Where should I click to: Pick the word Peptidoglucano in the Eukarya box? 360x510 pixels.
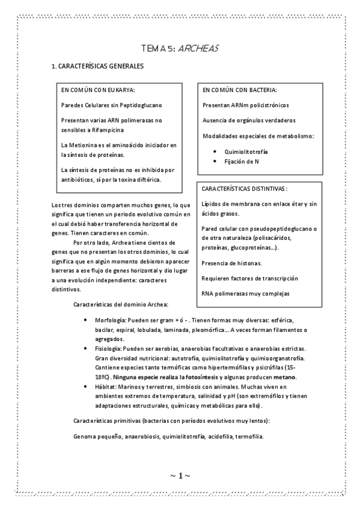click(141, 105)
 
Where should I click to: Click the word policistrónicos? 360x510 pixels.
click(269, 105)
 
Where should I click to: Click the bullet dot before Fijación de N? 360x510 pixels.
click(215, 161)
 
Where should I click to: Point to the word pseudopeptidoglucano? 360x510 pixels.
click(275, 229)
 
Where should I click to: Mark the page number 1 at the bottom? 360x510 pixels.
click(180, 476)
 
